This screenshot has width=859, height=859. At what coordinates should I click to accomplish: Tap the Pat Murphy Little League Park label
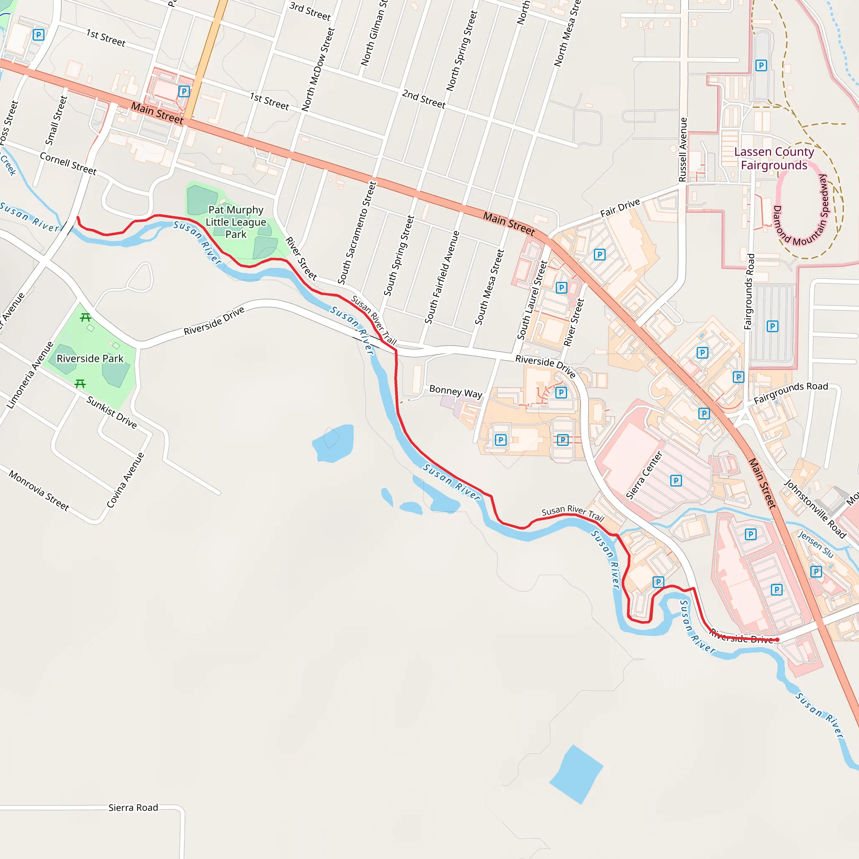[236, 222]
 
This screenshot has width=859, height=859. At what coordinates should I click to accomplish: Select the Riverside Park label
[90, 358]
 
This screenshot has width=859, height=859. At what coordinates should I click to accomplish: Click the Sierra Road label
[133, 807]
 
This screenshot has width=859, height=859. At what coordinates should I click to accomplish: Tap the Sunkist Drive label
[112, 412]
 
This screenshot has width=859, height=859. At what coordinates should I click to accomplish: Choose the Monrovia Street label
[39, 490]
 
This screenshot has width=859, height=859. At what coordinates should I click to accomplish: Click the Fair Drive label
[620, 208]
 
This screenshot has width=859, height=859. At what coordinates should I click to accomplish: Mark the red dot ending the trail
[777, 639]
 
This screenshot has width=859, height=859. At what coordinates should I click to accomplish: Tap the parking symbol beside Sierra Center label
[676, 480]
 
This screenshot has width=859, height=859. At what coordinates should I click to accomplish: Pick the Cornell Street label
[68, 163]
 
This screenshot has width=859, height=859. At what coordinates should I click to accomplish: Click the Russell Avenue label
[682, 149]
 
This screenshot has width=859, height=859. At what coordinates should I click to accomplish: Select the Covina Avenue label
[125, 480]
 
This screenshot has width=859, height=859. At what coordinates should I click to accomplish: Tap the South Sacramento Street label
[357, 232]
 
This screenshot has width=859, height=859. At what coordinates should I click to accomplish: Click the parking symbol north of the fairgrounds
[761, 66]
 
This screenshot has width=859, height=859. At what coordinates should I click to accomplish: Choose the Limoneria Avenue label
[30, 375]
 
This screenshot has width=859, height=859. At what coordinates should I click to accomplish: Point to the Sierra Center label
[644, 475]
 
